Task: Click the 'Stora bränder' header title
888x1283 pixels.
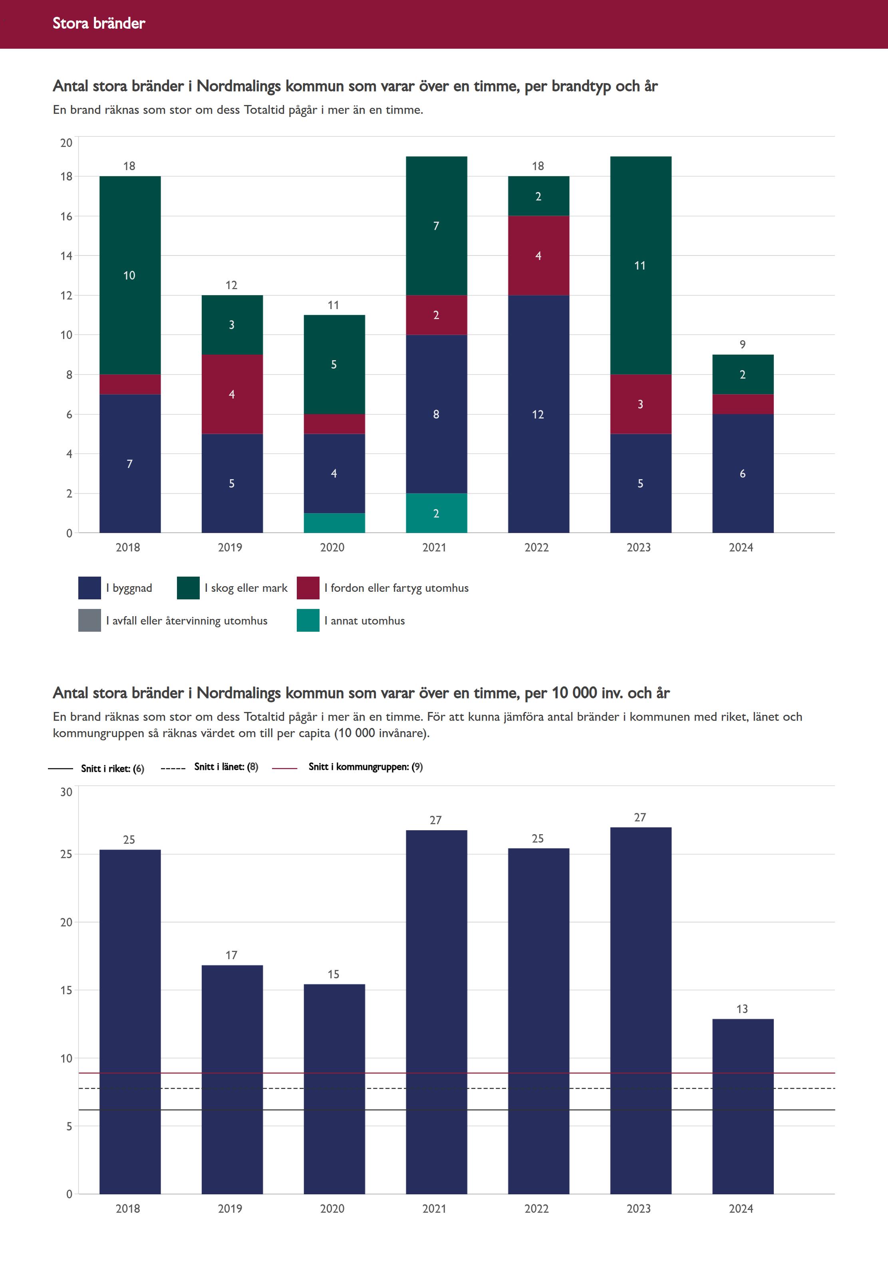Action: point(99,23)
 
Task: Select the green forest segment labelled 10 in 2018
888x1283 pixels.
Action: point(130,275)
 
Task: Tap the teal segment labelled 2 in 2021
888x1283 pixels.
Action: point(436,513)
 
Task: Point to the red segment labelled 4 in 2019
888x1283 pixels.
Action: point(232,394)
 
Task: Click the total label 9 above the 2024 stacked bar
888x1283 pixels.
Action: point(742,345)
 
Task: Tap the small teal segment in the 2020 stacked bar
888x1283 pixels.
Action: point(334,523)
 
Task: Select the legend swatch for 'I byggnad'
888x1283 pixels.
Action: point(89,588)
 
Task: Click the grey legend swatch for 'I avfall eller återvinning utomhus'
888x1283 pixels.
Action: point(89,621)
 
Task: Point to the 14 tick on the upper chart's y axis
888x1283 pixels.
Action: point(66,256)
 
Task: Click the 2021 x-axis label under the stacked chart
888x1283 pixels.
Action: point(435,547)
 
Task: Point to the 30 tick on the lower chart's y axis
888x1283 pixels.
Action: point(66,792)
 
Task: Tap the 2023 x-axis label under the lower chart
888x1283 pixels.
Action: point(639,1208)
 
